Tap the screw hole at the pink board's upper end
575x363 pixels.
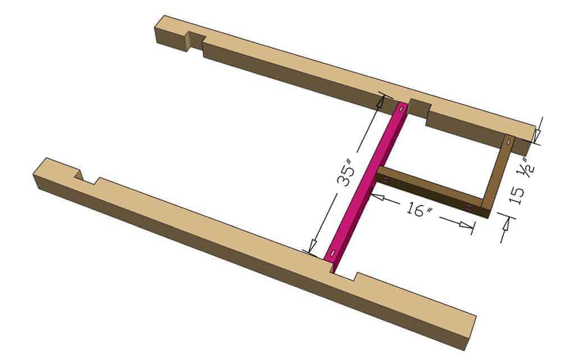(x=400, y=111)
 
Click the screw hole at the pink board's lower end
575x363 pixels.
(x=334, y=253)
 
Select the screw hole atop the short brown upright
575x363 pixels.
(x=508, y=144)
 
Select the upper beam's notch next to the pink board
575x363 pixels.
(x=419, y=110)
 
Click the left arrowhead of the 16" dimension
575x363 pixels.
(x=374, y=196)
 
